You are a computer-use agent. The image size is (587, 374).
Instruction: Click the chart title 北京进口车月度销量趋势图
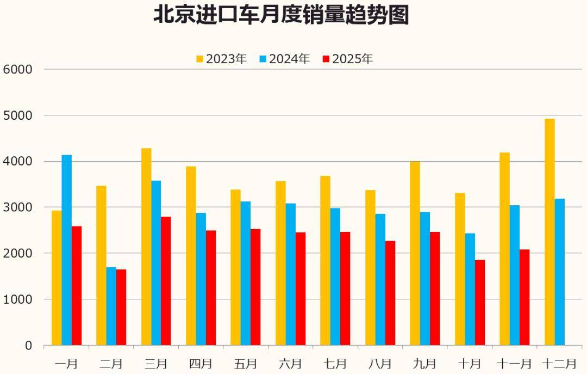[x=280, y=15]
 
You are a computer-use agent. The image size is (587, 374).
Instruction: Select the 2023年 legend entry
[x=221, y=59]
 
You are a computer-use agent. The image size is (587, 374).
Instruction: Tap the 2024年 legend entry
[x=284, y=59]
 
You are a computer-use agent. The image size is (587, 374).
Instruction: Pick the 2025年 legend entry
[x=347, y=59]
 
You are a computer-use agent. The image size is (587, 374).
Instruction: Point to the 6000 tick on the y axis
[x=17, y=69]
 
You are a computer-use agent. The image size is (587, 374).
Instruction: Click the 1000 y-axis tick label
[x=17, y=299]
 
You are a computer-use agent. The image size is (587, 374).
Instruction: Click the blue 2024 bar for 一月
[x=67, y=250]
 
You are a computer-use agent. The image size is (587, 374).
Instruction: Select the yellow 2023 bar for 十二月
[x=549, y=232]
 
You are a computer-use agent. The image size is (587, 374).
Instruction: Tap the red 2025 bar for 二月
[x=121, y=307]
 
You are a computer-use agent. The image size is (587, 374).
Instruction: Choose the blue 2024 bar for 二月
[x=111, y=306]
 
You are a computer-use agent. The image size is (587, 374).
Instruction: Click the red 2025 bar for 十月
[x=480, y=303]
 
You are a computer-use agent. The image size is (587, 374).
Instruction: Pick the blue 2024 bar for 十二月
[x=560, y=272]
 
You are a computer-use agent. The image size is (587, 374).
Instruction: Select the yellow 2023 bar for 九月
[x=415, y=253]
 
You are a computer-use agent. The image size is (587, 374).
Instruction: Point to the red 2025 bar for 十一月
[x=524, y=297]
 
